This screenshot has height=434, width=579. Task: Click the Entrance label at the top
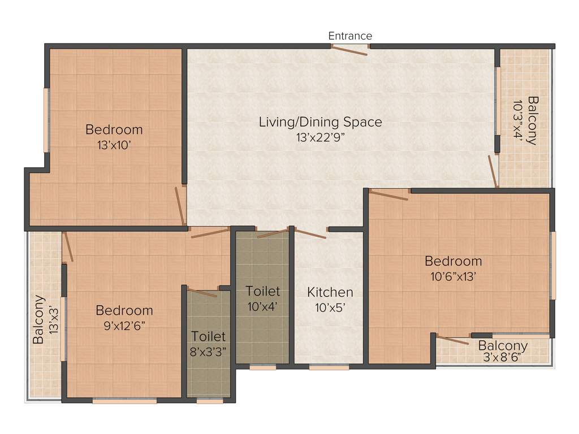click(350, 36)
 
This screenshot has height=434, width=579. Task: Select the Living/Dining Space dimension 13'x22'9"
click(320, 136)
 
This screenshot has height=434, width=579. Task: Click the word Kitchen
click(330, 292)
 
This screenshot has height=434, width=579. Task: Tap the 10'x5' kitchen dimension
click(330, 307)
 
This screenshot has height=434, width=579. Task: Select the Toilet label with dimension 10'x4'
click(263, 292)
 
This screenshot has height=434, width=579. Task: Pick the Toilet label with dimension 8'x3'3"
click(208, 337)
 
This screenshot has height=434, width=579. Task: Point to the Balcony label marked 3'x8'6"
click(503, 345)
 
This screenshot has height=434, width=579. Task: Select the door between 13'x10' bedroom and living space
click(180, 205)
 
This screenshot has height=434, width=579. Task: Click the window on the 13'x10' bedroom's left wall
click(47, 119)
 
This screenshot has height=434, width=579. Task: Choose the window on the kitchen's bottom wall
click(329, 367)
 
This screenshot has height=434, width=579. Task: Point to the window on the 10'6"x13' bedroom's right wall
click(553, 265)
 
